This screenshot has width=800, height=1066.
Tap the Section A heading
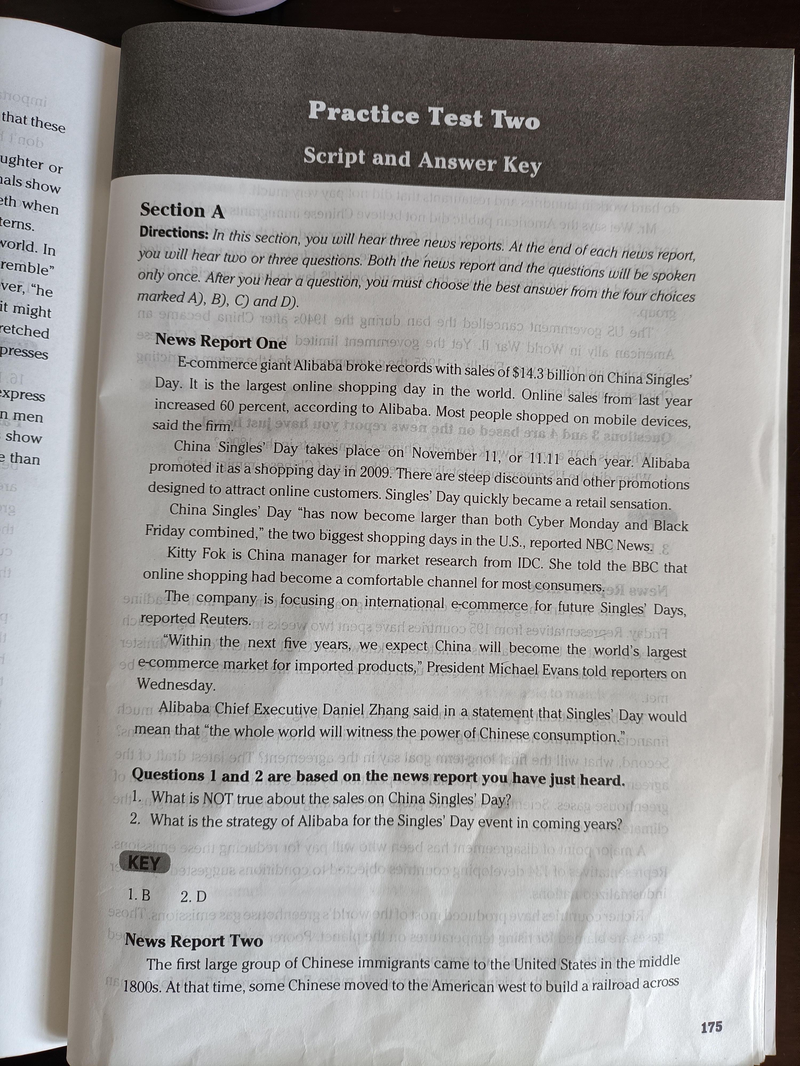(x=182, y=211)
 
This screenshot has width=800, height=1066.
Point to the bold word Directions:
(x=174, y=233)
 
